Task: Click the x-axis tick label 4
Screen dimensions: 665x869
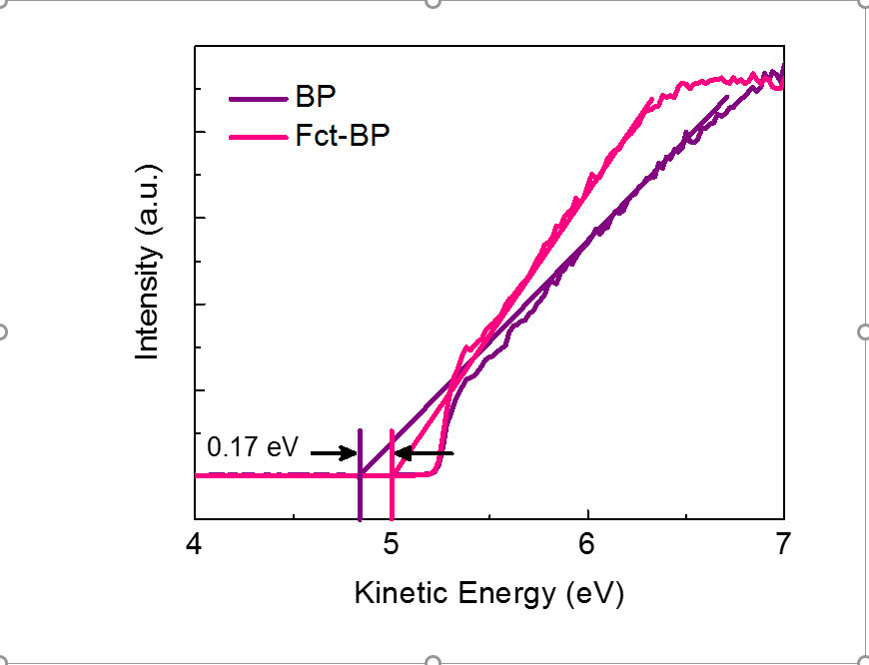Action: pyautogui.click(x=196, y=545)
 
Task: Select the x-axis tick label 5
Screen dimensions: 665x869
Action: pyautogui.click(x=392, y=545)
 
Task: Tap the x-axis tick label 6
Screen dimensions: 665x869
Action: pyautogui.click(x=587, y=545)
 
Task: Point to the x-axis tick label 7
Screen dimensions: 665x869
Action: pyautogui.click(x=782, y=545)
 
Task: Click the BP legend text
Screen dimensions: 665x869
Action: pyautogui.click(x=315, y=97)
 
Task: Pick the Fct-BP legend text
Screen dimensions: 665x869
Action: pyautogui.click(x=342, y=134)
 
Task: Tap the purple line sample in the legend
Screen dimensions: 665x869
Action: pyautogui.click(x=259, y=99)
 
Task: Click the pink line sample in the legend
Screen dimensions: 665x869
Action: pyautogui.click(x=259, y=135)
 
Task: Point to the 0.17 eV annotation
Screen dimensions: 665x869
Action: pyautogui.click(x=253, y=447)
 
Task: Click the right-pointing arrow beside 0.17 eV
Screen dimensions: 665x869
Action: pyautogui.click(x=334, y=453)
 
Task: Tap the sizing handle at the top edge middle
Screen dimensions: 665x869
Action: pyautogui.click(x=434, y=3)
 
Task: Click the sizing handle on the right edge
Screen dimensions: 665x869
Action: pyautogui.click(x=864, y=332)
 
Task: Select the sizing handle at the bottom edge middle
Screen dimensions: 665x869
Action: pyautogui.click(x=434, y=660)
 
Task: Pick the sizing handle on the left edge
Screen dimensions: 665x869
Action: pyautogui.click(x=3, y=332)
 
